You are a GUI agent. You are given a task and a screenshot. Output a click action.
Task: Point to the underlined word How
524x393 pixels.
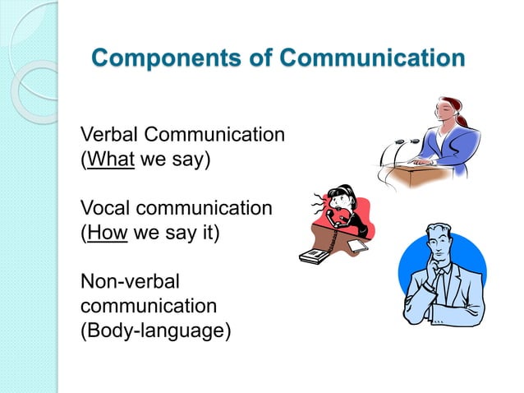[x=107, y=233]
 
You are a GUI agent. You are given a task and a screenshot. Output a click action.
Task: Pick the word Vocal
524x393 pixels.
[x=107, y=209]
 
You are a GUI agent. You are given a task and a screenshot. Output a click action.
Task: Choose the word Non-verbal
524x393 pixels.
[x=129, y=282]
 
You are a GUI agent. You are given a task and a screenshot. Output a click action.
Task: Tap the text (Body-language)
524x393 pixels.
[x=155, y=331]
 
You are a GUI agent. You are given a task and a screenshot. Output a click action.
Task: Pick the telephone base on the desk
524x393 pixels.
[x=314, y=256]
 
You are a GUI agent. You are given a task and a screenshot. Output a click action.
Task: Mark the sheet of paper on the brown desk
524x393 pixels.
[x=358, y=244]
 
